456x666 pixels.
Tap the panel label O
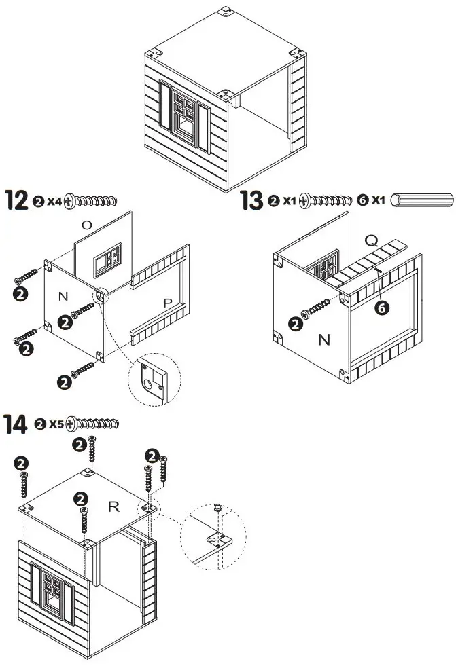pos(86,225)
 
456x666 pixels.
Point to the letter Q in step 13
pos(371,240)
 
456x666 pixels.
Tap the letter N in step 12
pos(63,296)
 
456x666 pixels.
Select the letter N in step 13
pos(323,340)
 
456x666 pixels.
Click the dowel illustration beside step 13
pos(424,201)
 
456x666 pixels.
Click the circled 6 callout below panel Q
pos(383,308)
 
